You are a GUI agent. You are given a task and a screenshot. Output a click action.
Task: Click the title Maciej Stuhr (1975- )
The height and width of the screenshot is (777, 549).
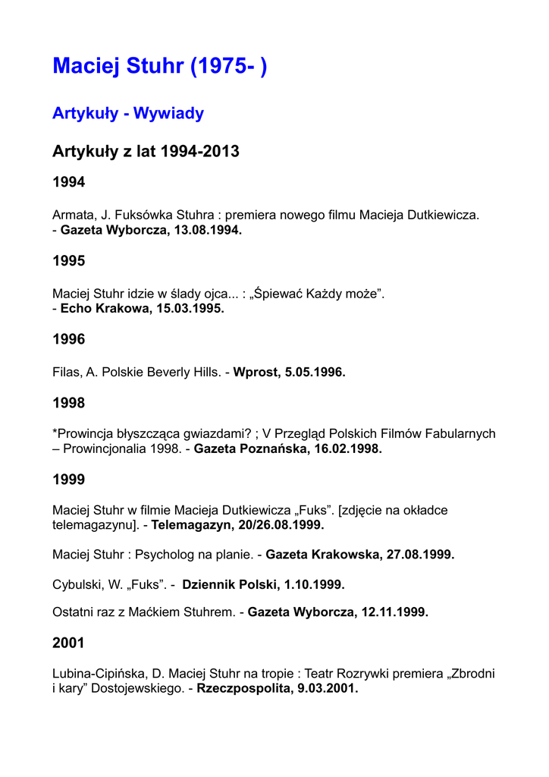pos(159,66)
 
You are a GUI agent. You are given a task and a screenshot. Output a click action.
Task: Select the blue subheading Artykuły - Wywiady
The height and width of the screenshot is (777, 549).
pos(127,114)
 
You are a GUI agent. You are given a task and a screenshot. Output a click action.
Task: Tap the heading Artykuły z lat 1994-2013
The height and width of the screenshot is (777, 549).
pos(146,151)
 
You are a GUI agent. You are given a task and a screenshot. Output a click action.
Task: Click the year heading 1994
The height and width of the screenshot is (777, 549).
pos(68,182)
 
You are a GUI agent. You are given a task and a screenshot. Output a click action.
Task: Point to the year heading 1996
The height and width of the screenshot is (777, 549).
pos(68,339)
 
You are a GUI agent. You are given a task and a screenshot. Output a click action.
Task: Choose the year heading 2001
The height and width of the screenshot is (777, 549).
pos(68,643)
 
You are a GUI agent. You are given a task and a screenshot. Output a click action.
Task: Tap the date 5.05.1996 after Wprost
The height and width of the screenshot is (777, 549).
pos(315,372)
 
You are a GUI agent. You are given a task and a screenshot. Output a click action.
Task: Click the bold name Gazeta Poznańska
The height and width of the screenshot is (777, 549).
pos(243,448)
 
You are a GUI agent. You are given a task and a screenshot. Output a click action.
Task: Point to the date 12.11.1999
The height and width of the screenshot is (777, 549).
pos(394,612)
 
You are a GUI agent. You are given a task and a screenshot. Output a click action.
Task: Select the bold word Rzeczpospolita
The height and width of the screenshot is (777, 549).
pos(240,689)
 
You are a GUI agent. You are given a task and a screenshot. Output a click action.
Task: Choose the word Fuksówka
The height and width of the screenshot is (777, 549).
pos(145,215)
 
